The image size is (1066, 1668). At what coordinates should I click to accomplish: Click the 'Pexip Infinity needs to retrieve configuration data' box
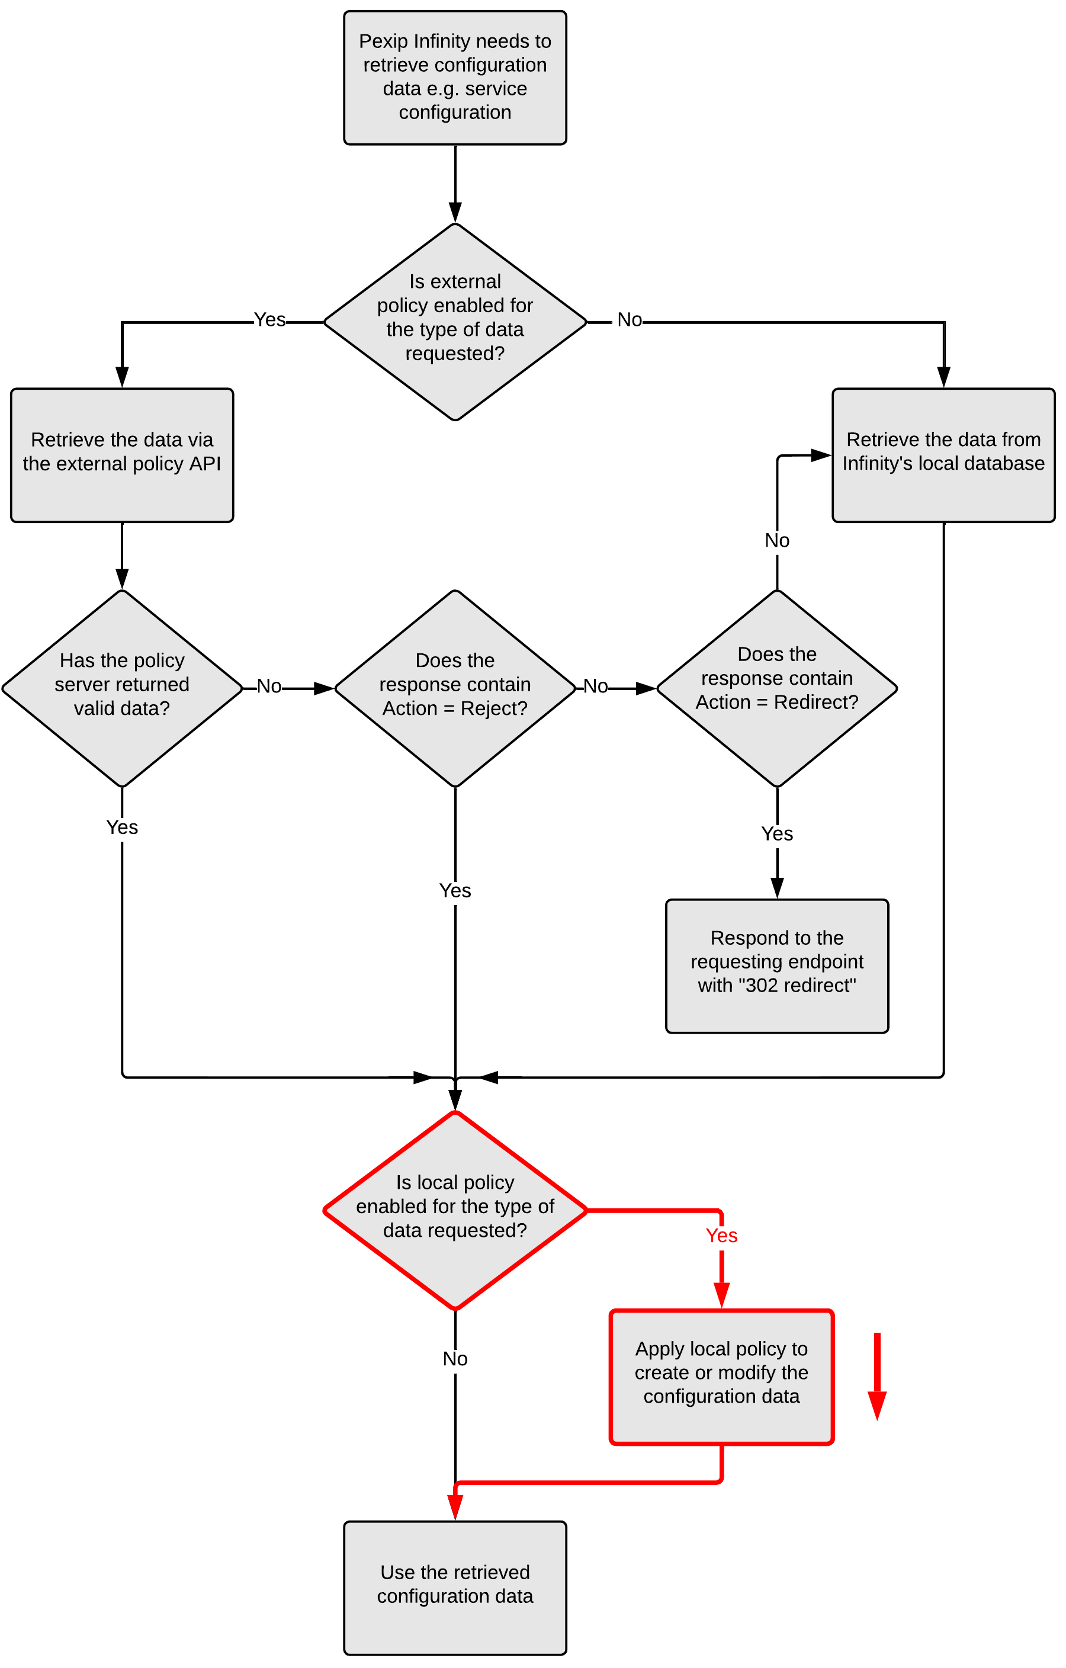(455, 77)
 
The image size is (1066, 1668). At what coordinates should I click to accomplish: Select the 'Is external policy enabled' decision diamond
(455, 322)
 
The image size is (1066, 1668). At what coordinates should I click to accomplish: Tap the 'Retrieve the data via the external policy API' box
(122, 455)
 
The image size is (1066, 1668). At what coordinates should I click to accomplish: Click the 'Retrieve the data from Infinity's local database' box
(943, 455)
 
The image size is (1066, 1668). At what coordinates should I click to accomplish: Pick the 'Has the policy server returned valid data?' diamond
(122, 688)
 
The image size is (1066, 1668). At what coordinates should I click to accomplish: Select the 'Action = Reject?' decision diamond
(455, 688)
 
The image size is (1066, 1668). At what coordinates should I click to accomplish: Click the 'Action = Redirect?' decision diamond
(776, 688)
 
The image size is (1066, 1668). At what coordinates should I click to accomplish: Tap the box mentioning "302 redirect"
(776, 965)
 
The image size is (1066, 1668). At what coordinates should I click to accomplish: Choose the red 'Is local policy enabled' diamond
(455, 1210)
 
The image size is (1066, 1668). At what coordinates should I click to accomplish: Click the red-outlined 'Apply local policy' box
(721, 1377)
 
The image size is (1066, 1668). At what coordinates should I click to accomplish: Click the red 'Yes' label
(721, 1236)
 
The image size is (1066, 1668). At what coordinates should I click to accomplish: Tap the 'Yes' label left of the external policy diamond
(269, 319)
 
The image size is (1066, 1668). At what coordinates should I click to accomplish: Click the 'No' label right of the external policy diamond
(630, 319)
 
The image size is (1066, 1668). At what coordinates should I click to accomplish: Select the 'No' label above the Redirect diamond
(776, 540)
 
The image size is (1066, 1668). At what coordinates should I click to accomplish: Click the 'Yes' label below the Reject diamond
(455, 891)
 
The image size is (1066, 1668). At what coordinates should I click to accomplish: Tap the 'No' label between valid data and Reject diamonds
(269, 687)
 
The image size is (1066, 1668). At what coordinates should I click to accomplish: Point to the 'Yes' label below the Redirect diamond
(776, 834)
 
